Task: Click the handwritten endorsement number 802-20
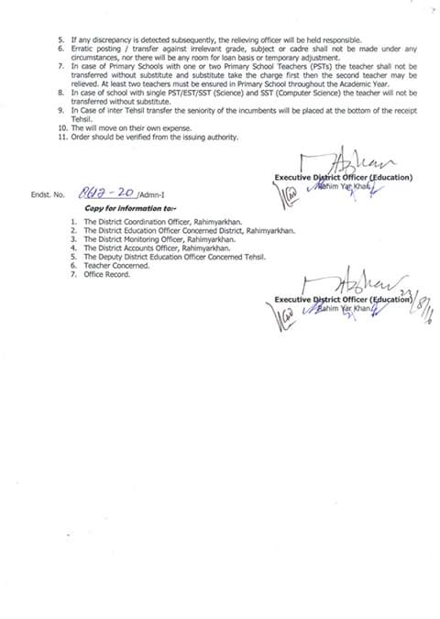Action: (x=109, y=193)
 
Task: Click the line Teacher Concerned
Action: (x=111, y=265)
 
